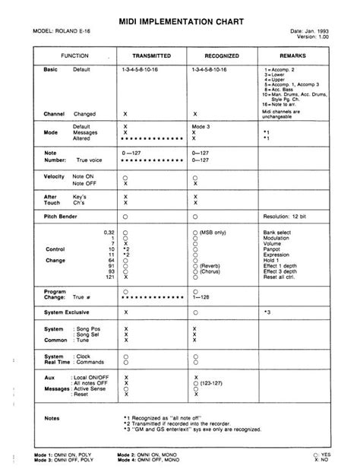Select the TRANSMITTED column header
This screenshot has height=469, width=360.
click(151, 57)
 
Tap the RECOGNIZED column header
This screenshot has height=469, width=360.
click(222, 57)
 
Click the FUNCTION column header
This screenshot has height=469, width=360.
click(75, 57)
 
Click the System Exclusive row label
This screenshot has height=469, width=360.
click(69, 312)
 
